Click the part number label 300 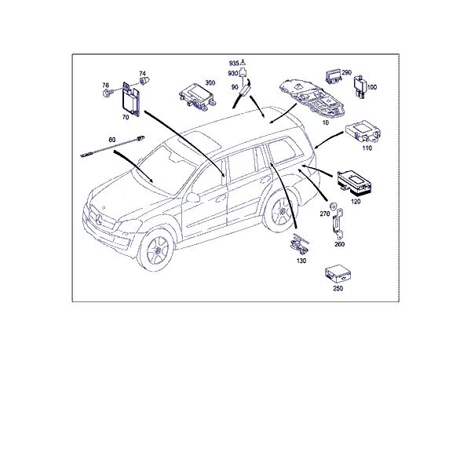pos(210,82)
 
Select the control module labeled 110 pos(363,132)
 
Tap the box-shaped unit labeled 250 pos(338,274)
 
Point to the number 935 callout pos(234,63)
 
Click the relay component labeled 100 pos(360,86)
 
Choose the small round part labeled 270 pos(333,206)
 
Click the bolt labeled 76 pos(107,93)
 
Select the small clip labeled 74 pos(143,81)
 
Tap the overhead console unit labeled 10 pos(312,97)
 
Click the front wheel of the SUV pos(156,249)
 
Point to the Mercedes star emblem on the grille pos(99,219)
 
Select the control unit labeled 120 pos(354,183)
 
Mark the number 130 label pos(301,261)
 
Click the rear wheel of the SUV pos(280,212)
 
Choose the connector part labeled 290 pos(334,76)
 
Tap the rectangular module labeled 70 pos(131,99)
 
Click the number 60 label pos(111,140)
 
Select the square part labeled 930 pos(244,73)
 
